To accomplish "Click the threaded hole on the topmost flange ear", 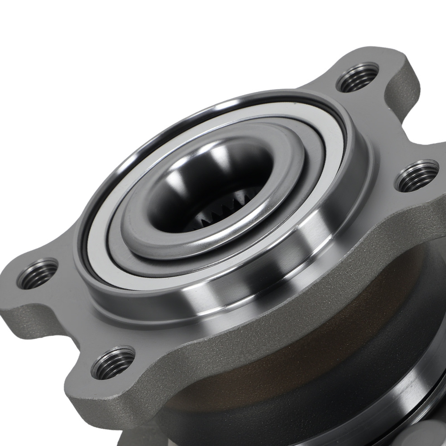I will [x=357, y=78].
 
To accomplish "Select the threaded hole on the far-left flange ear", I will [x=37, y=273].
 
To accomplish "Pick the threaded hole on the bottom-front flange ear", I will [x=113, y=363].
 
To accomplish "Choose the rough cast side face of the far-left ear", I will [x=18, y=312].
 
